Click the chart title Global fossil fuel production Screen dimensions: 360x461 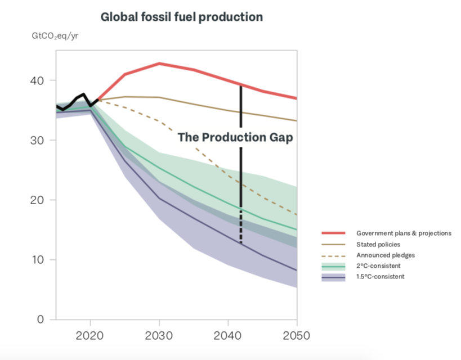coord(181,17)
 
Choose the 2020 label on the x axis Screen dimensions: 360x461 coord(91,336)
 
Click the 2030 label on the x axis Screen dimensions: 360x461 coord(160,336)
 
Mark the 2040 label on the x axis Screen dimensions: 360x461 coord(228,336)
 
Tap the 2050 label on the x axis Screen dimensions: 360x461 coord(296,336)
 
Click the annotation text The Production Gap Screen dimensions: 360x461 coord(235,137)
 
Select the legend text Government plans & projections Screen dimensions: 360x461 coord(404,233)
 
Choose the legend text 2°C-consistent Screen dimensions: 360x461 coord(378,265)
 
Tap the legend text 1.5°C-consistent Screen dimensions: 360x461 coord(380,276)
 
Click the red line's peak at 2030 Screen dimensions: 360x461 coord(160,64)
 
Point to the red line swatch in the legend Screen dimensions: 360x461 coord(333,233)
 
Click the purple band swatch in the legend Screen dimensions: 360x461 coord(333,277)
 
